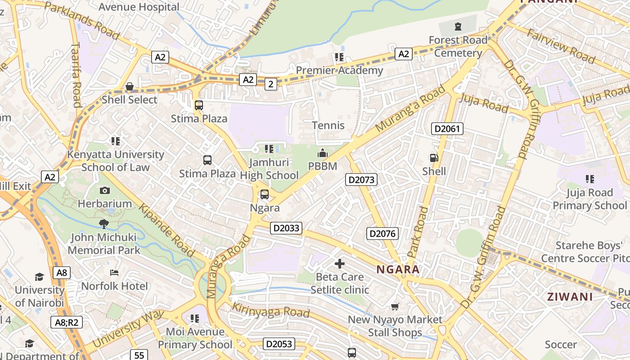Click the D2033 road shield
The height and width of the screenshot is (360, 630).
tap(287, 228)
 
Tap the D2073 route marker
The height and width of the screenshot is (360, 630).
tap(361, 180)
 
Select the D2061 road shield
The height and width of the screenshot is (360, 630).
tap(447, 129)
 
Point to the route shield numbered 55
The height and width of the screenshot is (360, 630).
tap(139, 355)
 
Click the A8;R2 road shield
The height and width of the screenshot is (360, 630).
tap(66, 322)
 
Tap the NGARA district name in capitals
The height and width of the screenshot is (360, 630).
tap(398, 270)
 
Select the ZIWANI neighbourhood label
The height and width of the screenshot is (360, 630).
tap(570, 297)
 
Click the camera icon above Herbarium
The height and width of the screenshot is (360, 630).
tap(105, 190)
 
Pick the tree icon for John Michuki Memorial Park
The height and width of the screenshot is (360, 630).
tap(104, 224)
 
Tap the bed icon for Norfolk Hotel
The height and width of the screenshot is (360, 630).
tap(114, 273)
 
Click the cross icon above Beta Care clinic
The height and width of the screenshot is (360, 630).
tap(340, 264)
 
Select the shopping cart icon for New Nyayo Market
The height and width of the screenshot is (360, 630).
tap(395, 307)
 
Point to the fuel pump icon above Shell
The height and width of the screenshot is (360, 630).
tap(434, 158)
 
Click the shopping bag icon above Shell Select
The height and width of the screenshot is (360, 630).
tap(130, 86)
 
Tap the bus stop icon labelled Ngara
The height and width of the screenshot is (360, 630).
tap(265, 195)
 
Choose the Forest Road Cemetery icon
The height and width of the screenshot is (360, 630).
tap(458, 27)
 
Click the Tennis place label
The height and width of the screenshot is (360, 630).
tap(328, 125)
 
